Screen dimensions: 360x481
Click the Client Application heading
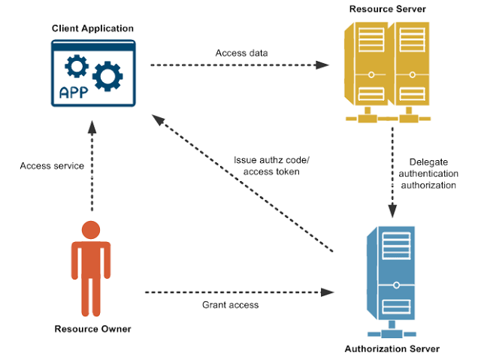click(93, 29)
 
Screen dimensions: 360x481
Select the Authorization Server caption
click(391, 349)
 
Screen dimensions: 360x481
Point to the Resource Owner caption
click(92, 329)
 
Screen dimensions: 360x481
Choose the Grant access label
click(230, 305)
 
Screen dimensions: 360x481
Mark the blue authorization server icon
click(389, 278)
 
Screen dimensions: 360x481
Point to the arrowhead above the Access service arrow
click(92, 129)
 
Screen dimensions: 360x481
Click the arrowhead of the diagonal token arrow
click(157, 119)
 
